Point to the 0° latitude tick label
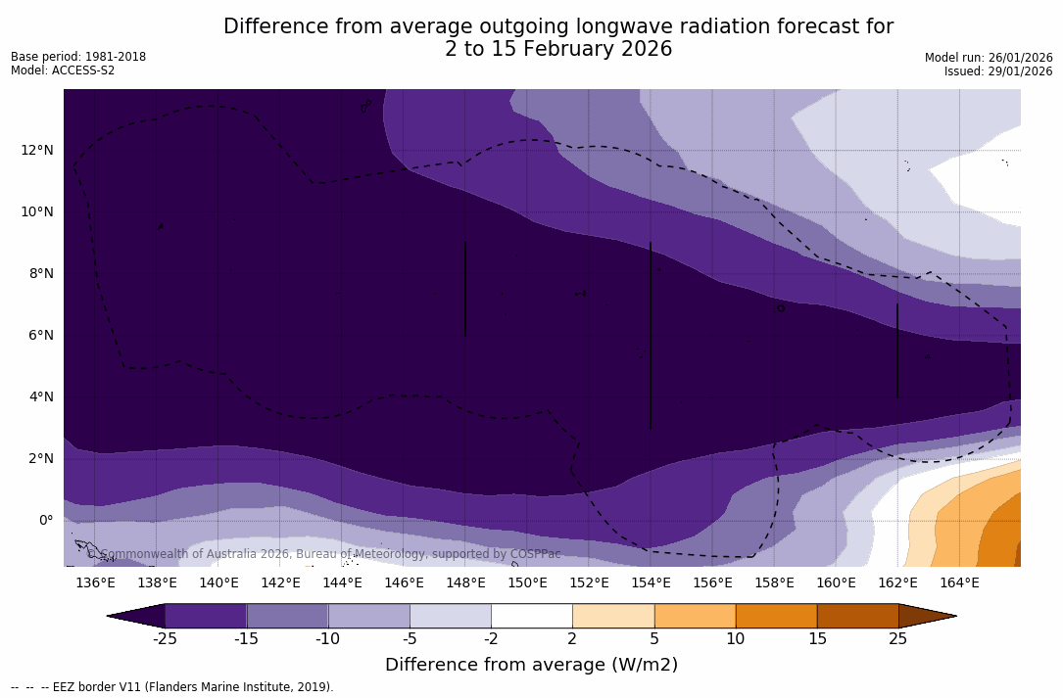(x=46, y=520)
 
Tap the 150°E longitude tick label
(x=527, y=583)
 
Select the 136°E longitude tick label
(x=95, y=583)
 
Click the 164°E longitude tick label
(x=959, y=583)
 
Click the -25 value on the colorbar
(x=165, y=639)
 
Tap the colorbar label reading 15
(x=816, y=639)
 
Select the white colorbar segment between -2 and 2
(x=531, y=616)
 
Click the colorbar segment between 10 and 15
(x=776, y=616)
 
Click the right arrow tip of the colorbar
(x=954, y=616)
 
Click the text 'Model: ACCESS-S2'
(x=63, y=70)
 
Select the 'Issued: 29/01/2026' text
(x=998, y=71)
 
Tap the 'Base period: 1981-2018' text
(x=78, y=57)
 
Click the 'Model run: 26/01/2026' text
(x=989, y=58)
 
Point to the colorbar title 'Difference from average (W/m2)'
(x=531, y=665)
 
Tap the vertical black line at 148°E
(x=465, y=289)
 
